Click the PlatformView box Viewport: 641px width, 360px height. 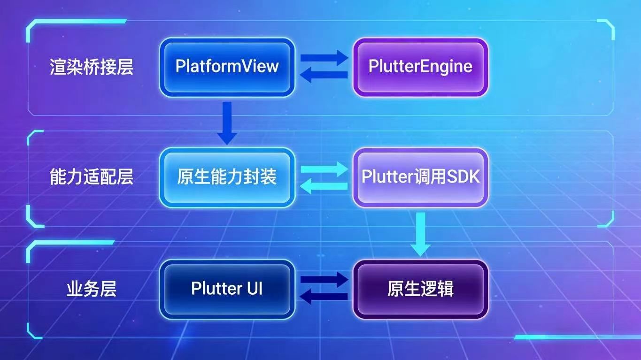pyautogui.click(x=227, y=67)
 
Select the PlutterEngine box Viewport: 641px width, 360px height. pyautogui.click(x=420, y=67)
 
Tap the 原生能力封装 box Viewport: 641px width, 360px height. pyautogui.click(x=227, y=177)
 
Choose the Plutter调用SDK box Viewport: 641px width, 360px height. pyautogui.click(x=420, y=177)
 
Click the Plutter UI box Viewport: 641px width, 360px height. pyautogui.click(x=227, y=289)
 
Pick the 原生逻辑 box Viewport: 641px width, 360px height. pyautogui.click(x=420, y=289)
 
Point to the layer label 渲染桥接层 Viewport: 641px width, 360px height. pyautogui.click(x=92, y=67)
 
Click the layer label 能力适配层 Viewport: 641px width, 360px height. pyautogui.click(x=92, y=177)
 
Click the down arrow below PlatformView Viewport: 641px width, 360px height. pyautogui.click(x=227, y=123)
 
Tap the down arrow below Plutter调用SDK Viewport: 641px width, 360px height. pyautogui.click(x=420, y=234)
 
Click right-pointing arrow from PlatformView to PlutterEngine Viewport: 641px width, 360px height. pyautogui.click(x=324, y=58)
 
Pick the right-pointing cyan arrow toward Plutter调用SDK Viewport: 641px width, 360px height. pyautogui.click(x=324, y=169)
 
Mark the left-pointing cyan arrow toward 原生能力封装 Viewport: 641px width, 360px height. pyautogui.click(x=324, y=186)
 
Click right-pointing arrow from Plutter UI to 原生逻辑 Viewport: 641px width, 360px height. pyautogui.click(x=324, y=280)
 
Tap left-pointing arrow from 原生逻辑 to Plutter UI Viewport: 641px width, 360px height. pyautogui.click(x=324, y=297)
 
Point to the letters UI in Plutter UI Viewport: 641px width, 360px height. pyautogui.click(x=253, y=289)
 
